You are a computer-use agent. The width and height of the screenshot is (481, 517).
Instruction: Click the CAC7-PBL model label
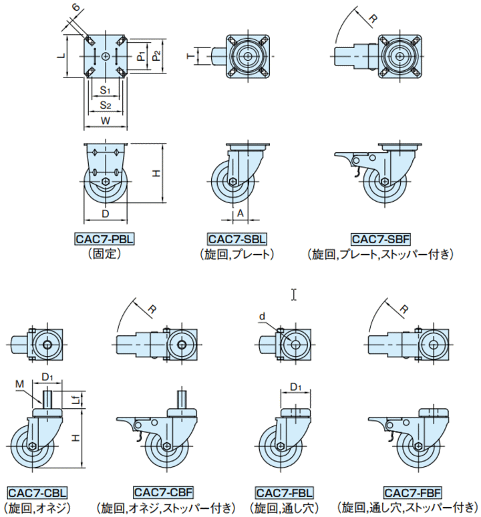tap(105, 238)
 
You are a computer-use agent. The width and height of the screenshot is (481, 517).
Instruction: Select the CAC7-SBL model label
tap(237, 238)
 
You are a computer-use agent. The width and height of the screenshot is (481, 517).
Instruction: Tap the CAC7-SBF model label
tap(381, 238)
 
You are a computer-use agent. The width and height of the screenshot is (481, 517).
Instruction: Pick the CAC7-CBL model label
tap(37, 493)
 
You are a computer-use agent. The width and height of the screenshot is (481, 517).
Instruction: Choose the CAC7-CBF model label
tap(163, 492)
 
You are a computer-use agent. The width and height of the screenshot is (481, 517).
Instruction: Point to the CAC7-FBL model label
tap(284, 493)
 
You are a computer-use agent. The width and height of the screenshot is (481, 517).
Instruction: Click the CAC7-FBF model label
tap(412, 493)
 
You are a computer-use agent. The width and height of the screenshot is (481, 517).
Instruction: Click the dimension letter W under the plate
tap(106, 121)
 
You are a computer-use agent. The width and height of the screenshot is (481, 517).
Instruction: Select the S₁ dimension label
tap(105, 90)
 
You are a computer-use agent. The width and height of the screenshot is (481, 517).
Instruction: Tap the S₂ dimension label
tap(106, 105)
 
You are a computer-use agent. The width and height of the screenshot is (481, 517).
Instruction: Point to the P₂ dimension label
tap(156, 55)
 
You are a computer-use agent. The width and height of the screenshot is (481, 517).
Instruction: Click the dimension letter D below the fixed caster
tap(105, 214)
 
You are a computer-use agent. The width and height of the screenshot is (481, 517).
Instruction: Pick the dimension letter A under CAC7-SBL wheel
tap(240, 213)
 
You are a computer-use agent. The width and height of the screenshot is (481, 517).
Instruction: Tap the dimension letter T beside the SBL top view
tap(191, 56)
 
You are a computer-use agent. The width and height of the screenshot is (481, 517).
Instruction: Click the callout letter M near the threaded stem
tap(20, 384)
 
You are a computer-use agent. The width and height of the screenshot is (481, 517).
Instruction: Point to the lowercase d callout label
tap(262, 317)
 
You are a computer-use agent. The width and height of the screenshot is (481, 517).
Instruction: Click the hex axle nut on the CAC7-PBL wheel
tap(106, 181)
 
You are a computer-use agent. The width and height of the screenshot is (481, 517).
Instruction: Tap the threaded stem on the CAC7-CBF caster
tap(182, 398)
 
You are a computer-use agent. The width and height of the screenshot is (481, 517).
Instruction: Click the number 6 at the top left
tap(75, 7)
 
